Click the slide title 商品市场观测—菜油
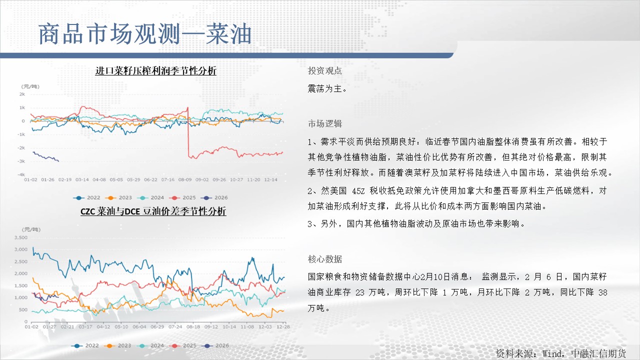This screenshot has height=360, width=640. pyautogui.click(x=145, y=34)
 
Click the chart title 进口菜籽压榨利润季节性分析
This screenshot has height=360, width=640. pyautogui.click(x=155, y=70)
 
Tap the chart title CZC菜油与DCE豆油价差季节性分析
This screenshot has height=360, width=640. pyautogui.click(x=153, y=211)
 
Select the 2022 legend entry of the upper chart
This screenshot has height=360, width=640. pyautogui.click(x=86, y=197)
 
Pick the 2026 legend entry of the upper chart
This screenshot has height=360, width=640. pyautogui.click(x=214, y=197)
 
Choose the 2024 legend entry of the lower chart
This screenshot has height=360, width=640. pyautogui.click(x=150, y=345)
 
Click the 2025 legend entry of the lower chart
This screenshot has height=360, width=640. pyautogui.click(x=182, y=345)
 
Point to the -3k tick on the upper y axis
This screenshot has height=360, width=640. pyautogui.click(x=21, y=161)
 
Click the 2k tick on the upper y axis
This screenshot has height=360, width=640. pyautogui.click(x=22, y=94)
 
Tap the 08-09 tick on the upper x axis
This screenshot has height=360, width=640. pyautogui.click(x=185, y=179)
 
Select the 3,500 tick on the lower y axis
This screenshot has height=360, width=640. pyautogui.click(x=21, y=237)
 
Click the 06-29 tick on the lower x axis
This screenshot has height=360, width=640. pyautogui.click(x=157, y=326)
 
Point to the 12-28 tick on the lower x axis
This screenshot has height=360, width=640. pyautogui.click(x=283, y=326)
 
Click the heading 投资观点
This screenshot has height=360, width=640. pyautogui.click(x=325, y=70)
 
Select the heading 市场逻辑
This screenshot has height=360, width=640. pyautogui.click(x=325, y=123)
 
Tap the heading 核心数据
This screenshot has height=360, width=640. pyautogui.click(x=325, y=259)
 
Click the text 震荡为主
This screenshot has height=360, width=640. pyautogui.click(x=327, y=89)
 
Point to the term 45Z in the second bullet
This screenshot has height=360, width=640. pyautogui.click(x=358, y=191)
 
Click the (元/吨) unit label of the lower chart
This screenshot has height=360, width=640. pyautogui.click(x=31, y=229)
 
